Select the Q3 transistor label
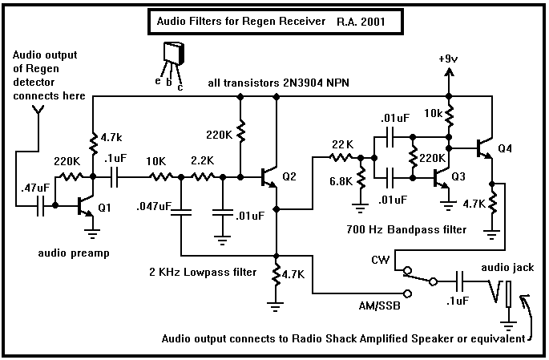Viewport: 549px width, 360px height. pyautogui.click(x=458, y=176)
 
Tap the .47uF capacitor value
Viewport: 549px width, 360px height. pyautogui.click(x=32, y=188)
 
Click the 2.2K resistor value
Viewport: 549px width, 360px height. pyautogui.click(x=201, y=161)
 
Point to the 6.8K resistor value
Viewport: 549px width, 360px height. pyautogui.click(x=340, y=180)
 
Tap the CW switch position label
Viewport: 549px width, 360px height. pyautogui.click(x=381, y=260)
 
